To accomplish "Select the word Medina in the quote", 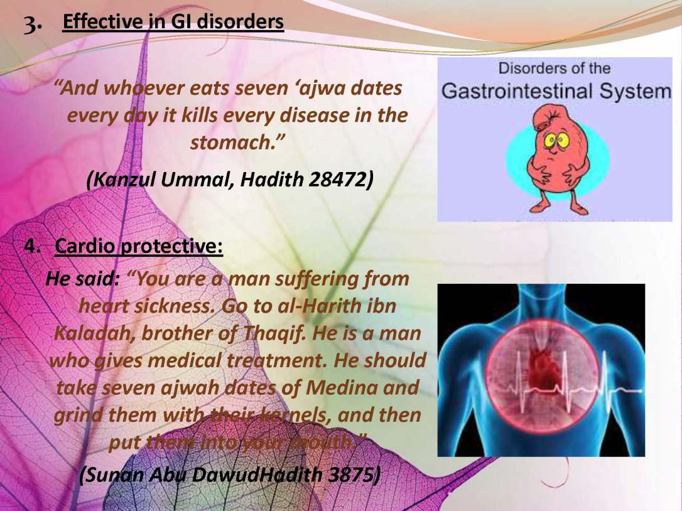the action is click(x=341, y=387).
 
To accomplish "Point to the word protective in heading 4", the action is click(x=171, y=247).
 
